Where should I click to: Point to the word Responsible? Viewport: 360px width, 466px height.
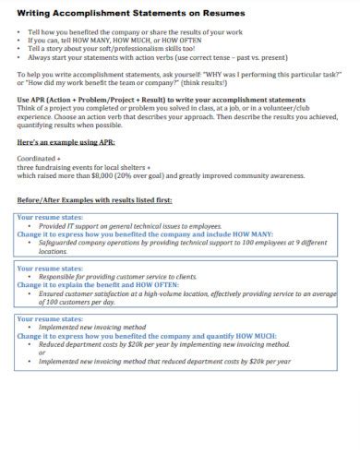pos(57,277)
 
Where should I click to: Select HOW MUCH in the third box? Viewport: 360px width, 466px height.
pos(268,336)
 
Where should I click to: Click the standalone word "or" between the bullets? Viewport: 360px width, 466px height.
pos(42,352)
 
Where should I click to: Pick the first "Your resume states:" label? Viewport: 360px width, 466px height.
pos(50,218)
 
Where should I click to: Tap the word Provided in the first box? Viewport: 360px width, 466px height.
pos(54,226)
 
